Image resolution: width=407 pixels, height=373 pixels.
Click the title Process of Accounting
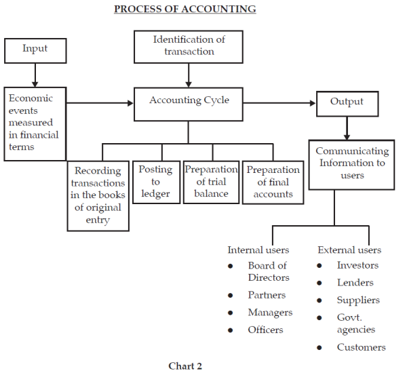(x=185, y=9)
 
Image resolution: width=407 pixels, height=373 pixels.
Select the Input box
(x=35, y=50)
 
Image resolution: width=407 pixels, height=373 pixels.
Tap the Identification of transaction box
(x=189, y=46)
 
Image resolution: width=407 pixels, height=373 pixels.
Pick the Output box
(x=347, y=103)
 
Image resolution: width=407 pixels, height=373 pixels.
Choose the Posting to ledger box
(x=155, y=182)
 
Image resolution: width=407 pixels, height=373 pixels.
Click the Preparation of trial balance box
(x=211, y=182)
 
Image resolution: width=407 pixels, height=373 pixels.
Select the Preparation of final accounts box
(x=273, y=182)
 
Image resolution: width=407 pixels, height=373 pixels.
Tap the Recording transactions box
(x=98, y=195)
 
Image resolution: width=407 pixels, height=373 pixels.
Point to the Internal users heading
(x=257, y=250)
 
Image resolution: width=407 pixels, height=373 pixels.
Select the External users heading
(x=349, y=250)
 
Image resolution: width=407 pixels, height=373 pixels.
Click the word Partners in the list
(x=267, y=295)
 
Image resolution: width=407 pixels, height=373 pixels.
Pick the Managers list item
(x=270, y=313)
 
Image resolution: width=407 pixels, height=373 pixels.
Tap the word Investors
(x=357, y=265)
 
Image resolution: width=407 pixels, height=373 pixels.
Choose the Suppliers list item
(x=358, y=300)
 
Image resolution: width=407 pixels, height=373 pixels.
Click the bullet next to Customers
(x=319, y=348)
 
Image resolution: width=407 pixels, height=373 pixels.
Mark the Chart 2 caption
(x=185, y=366)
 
